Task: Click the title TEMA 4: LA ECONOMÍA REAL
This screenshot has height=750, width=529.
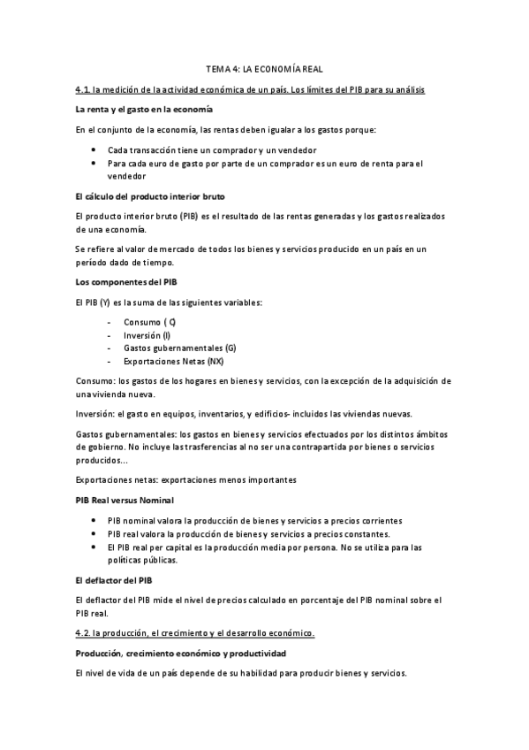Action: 264,68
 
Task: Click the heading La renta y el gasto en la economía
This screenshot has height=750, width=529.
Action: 144,109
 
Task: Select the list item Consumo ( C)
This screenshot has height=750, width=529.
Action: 150,322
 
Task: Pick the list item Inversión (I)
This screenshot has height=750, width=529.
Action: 147,335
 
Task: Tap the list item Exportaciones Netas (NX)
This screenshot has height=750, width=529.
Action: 174,362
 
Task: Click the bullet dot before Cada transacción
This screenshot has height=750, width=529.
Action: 93,150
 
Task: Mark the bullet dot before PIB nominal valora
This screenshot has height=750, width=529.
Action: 93,521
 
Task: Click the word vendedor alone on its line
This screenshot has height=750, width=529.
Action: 126,175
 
